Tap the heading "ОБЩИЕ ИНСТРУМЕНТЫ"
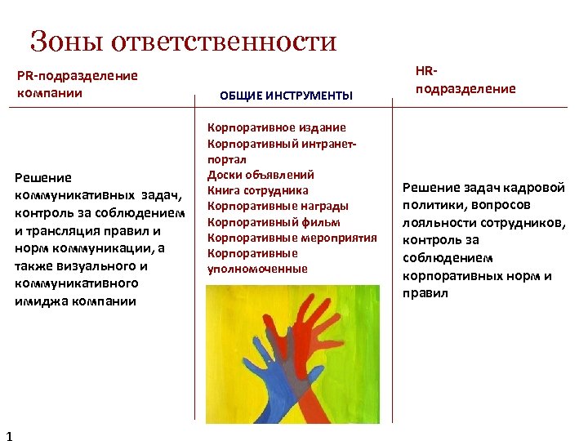[x=286, y=96]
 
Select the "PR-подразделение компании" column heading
[x=78, y=84]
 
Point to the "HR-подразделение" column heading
[x=465, y=80]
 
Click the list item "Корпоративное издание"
[x=277, y=127]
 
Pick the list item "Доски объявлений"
[x=261, y=175]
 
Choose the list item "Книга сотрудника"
[x=258, y=190]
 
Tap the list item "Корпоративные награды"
[x=278, y=206]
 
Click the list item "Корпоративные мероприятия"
[x=292, y=238]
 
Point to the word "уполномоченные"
[x=257, y=269]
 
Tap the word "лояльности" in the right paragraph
[x=433, y=222]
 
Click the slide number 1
[x=8, y=434]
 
